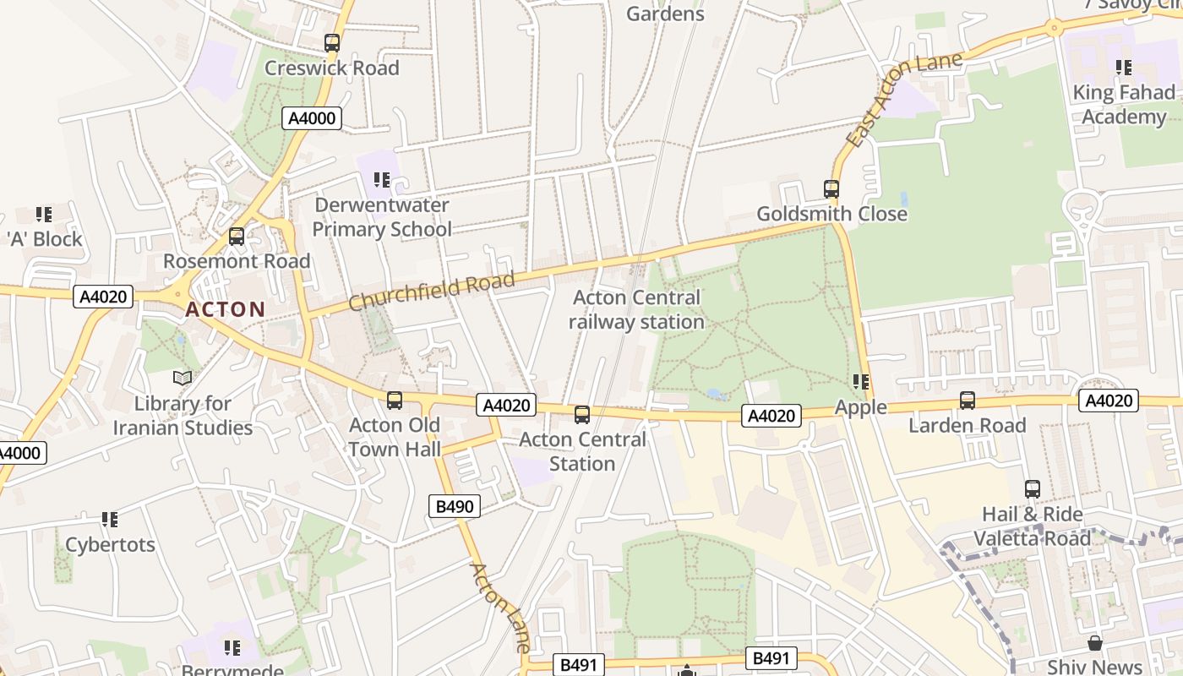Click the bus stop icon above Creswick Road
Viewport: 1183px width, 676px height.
tap(332, 43)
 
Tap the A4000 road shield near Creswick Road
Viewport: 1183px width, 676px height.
tap(312, 118)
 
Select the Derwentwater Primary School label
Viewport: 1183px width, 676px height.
tap(382, 217)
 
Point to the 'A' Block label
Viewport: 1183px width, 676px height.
tap(45, 239)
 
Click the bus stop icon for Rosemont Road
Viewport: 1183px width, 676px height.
tap(237, 237)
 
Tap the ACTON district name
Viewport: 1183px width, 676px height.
tap(225, 309)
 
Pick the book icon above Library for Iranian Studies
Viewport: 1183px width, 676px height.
tap(183, 378)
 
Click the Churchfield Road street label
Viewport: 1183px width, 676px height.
tap(431, 292)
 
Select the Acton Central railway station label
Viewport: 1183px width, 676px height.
tap(636, 309)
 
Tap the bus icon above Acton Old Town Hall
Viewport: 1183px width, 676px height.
tap(394, 401)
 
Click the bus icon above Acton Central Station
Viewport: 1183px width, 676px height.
tap(582, 415)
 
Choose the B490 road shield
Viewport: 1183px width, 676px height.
tap(455, 506)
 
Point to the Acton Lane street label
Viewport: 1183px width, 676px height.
tap(500, 607)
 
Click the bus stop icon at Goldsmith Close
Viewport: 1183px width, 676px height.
tap(831, 189)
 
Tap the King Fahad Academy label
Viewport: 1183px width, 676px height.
tap(1123, 104)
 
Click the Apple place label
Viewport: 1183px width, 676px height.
tap(861, 407)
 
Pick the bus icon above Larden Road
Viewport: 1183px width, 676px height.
tap(968, 401)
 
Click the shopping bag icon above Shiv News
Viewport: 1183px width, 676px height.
tap(1095, 644)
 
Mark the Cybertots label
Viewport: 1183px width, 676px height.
tap(110, 544)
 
